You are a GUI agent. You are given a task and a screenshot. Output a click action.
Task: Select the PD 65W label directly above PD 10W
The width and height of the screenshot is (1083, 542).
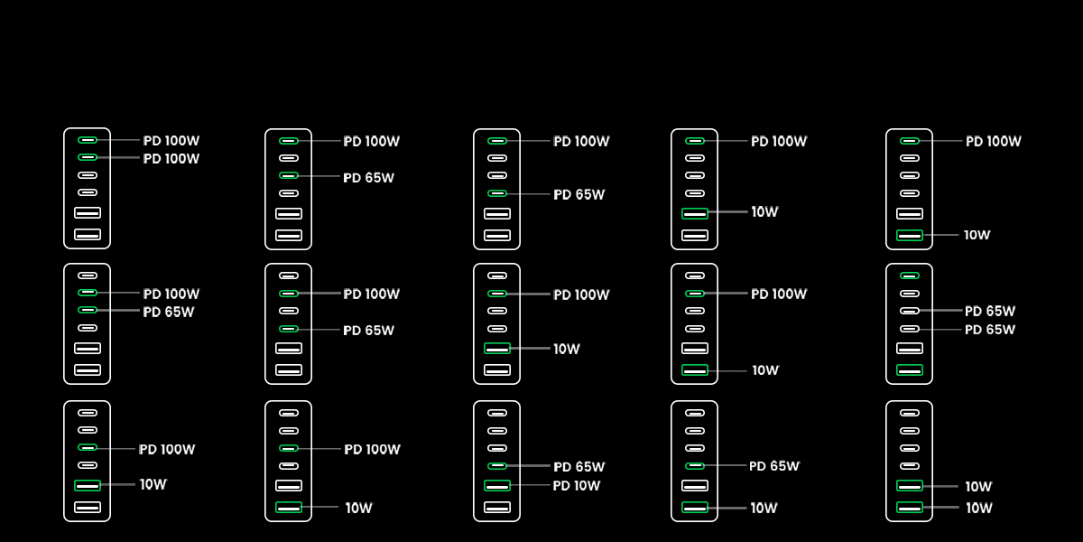coord(579,467)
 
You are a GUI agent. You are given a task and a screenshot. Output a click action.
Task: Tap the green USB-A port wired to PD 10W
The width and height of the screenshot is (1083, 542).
coord(497,486)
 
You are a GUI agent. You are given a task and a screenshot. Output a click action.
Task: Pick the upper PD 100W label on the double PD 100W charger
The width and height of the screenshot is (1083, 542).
coord(171,141)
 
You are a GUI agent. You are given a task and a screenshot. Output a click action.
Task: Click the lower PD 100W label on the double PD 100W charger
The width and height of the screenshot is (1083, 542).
coord(171,159)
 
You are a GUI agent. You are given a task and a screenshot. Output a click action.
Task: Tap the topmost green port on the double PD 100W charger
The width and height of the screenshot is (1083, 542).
coord(88,140)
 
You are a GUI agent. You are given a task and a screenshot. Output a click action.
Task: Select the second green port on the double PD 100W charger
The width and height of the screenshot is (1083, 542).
coord(88,157)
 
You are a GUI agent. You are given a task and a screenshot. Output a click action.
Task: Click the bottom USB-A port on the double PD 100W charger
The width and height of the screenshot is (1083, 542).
coord(88,235)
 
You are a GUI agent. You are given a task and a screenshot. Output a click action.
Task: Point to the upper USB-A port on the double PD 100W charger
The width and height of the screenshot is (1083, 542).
coord(88,213)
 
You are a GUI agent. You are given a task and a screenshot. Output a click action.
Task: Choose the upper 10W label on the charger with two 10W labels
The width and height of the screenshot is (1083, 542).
coord(978,487)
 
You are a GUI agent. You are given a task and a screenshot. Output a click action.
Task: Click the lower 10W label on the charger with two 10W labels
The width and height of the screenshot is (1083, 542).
coord(978,509)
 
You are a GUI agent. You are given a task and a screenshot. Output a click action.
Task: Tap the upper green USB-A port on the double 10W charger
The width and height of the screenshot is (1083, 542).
coord(910,486)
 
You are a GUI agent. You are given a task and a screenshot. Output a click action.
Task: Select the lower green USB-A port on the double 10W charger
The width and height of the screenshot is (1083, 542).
coord(910,508)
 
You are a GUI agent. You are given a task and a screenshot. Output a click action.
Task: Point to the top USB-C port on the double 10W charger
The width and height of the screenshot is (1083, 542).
coord(910,413)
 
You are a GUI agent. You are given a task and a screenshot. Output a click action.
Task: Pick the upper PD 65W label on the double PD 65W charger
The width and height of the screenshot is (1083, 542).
coord(990,312)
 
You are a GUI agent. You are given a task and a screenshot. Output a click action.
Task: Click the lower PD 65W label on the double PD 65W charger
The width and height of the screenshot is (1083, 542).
coord(990,330)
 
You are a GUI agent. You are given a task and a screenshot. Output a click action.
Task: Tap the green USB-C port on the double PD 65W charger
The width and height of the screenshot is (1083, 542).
coord(910,276)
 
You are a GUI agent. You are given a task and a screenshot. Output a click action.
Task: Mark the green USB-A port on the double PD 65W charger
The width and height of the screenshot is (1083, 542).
coord(910,369)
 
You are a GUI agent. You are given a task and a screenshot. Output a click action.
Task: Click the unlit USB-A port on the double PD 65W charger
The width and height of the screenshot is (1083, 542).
coord(910,348)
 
